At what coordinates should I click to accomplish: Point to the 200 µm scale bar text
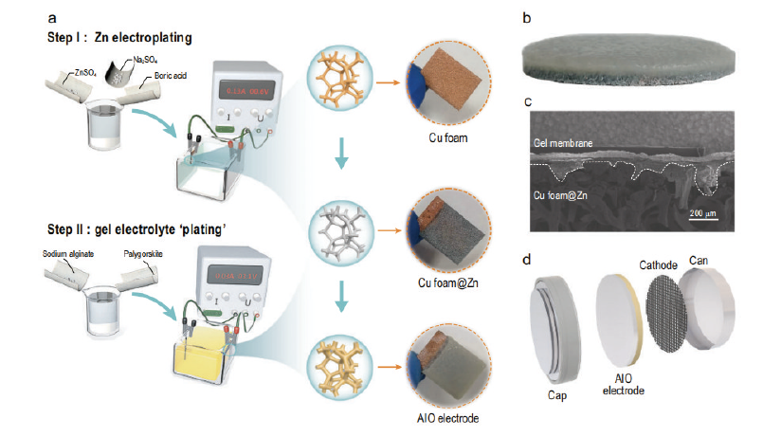[x=704, y=214]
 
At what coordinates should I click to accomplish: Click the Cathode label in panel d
[x=658, y=264]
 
